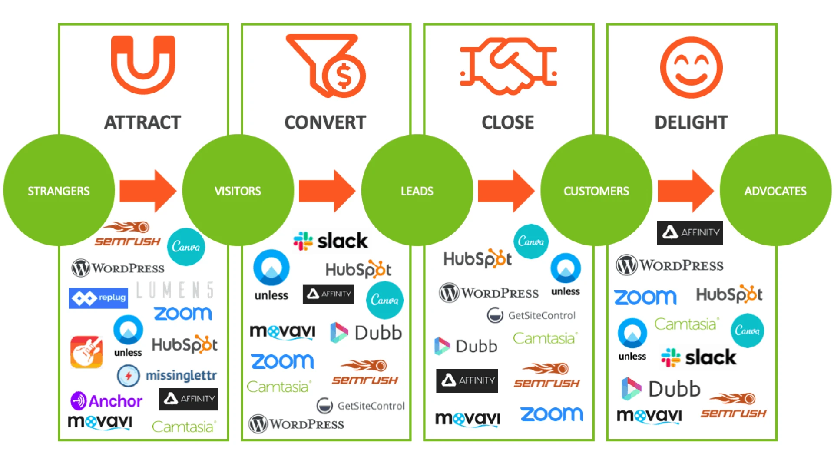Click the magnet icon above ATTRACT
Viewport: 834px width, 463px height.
click(143, 65)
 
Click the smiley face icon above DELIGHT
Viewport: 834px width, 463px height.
click(691, 67)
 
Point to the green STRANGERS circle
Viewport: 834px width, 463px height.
click(59, 191)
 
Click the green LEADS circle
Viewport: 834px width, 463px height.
click(417, 191)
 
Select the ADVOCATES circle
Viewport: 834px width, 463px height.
click(775, 191)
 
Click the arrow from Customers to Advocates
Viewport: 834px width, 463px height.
click(685, 191)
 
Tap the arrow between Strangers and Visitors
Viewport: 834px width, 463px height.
click(147, 191)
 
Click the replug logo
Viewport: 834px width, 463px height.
click(99, 298)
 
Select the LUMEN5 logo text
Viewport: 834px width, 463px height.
click(175, 290)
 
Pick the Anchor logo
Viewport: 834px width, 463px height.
click(106, 400)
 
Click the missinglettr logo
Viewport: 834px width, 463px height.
click(167, 375)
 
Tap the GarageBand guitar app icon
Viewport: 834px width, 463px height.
click(86, 352)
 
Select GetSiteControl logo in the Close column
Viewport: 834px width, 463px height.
click(531, 315)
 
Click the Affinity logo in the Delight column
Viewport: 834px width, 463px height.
click(690, 233)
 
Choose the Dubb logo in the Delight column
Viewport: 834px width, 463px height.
click(661, 389)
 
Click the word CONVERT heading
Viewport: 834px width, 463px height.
click(325, 122)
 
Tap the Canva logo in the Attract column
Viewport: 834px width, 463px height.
click(186, 247)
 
